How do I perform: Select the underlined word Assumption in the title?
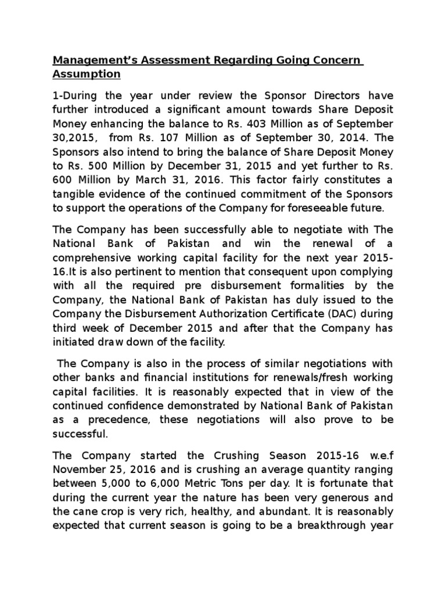point(87,74)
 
